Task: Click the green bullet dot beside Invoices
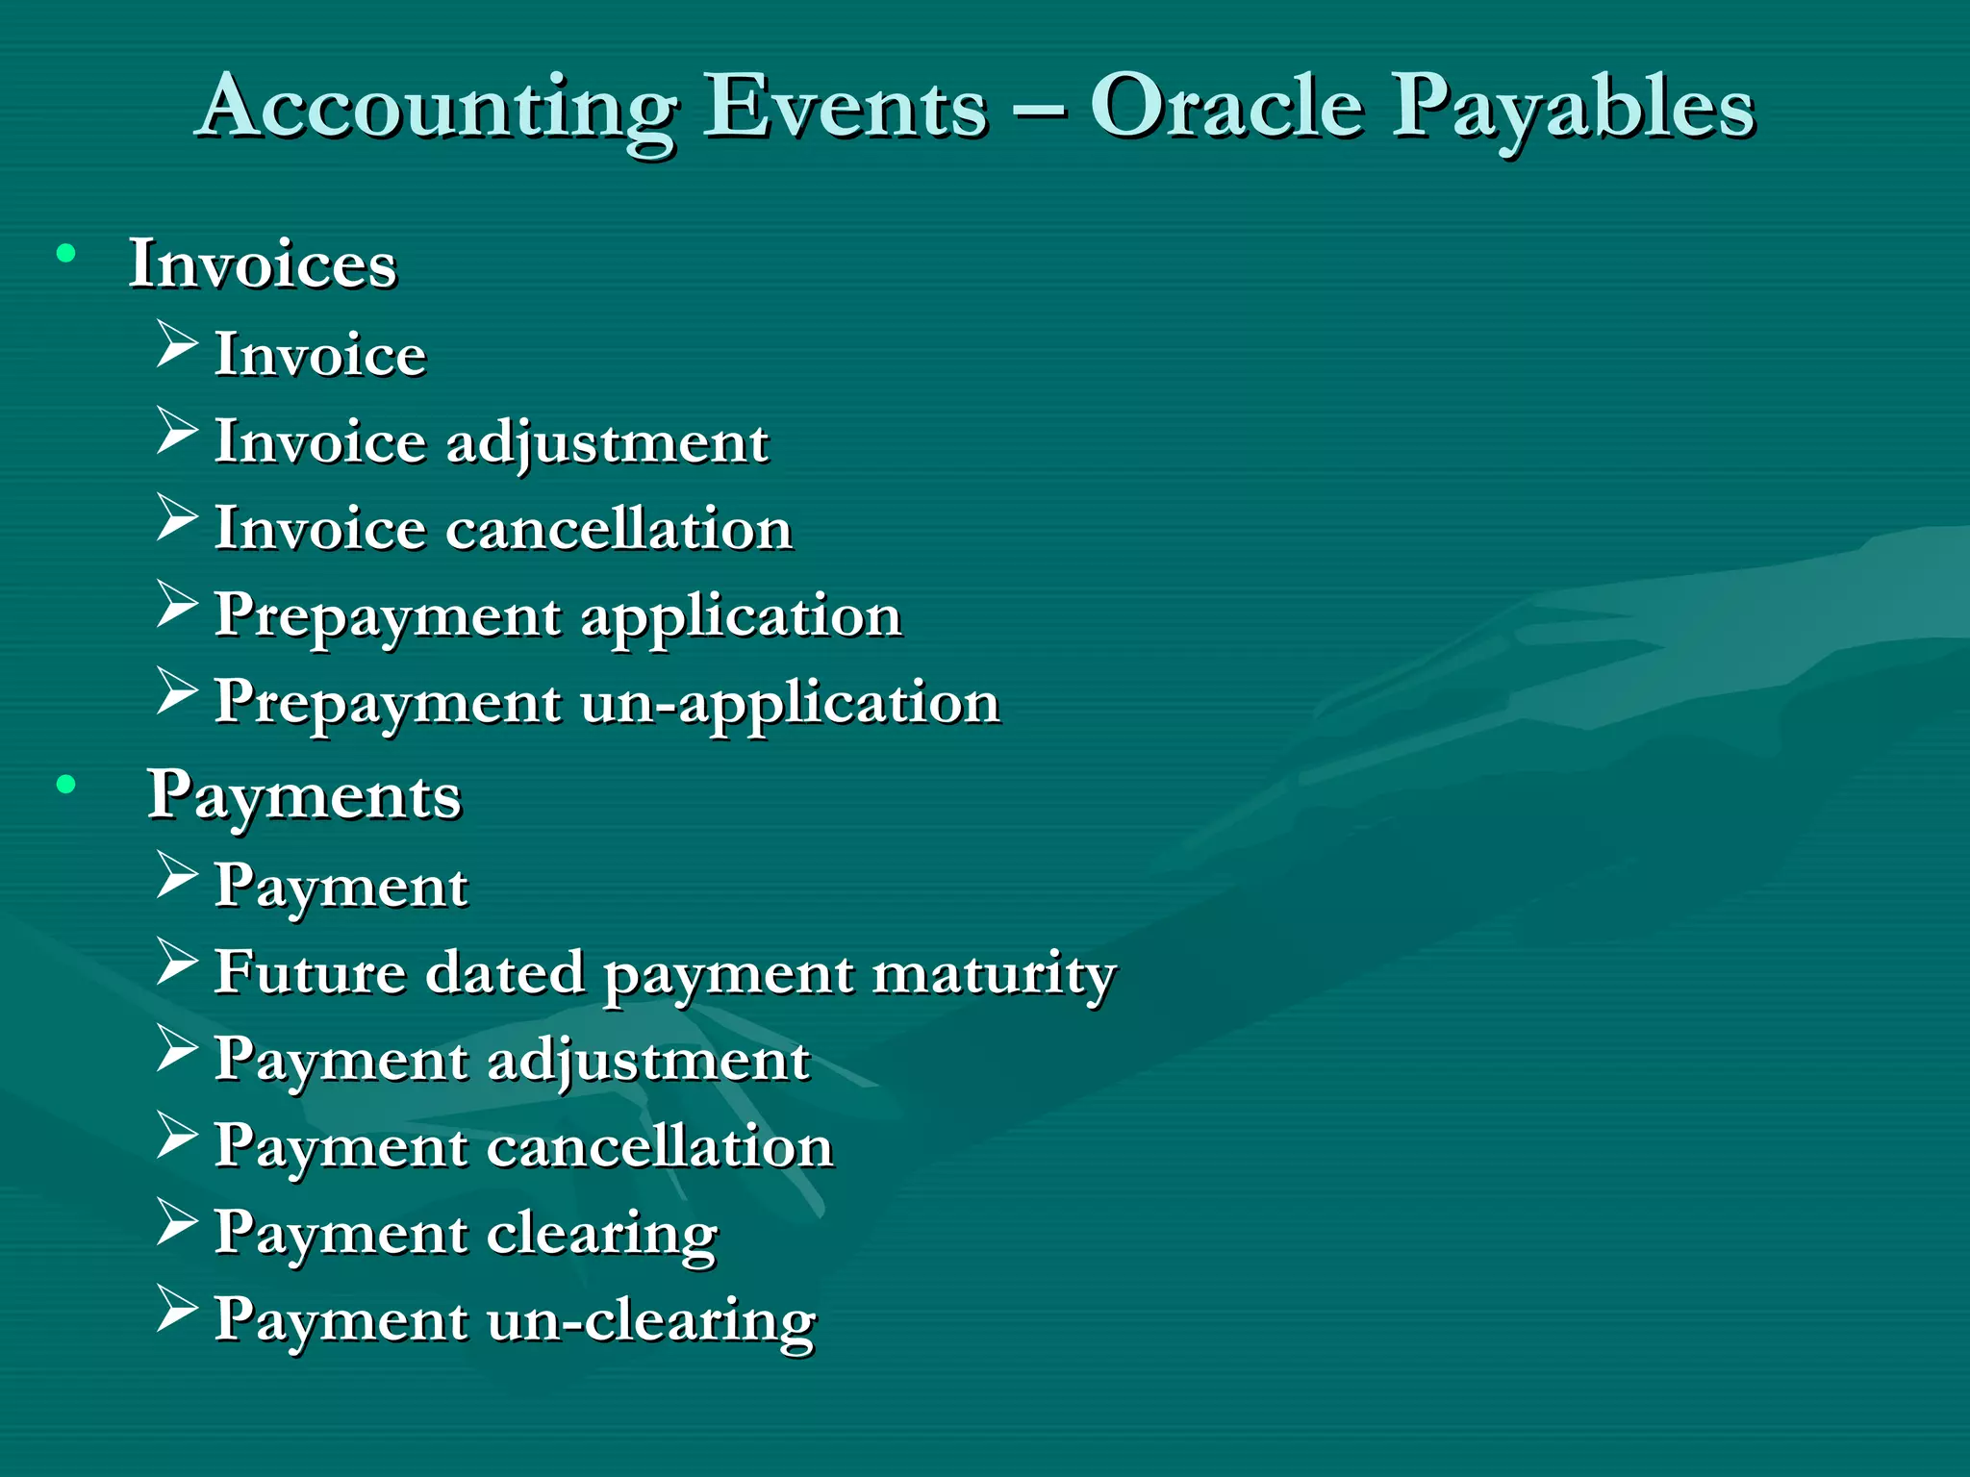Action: [x=65, y=254]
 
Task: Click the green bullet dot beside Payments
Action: [x=65, y=785]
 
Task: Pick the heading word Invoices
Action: [x=263, y=263]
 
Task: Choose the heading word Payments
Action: [x=304, y=796]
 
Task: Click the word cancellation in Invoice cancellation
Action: [x=619, y=528]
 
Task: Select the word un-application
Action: [x=790, y=703]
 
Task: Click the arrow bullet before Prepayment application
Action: [x=176, y=605]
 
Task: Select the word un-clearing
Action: [x=651, y=1320]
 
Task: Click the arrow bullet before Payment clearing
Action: [x=176, y=1222]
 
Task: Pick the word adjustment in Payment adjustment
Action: [x=648, y=1062]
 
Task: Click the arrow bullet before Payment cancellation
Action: [x=176, y=1136]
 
